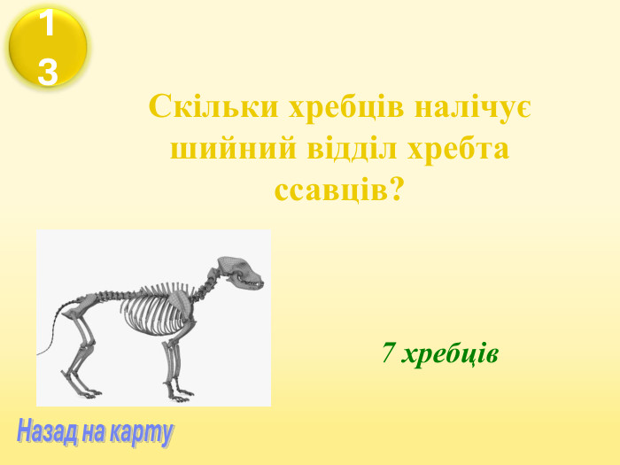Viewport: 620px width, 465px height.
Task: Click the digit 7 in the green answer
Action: [x=388, y=353]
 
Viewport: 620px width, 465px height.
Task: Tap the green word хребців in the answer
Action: [x=450, y=353]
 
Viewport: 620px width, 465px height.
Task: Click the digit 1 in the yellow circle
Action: [x=48, y=24]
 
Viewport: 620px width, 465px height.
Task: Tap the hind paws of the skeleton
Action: [x=89, y=391]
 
